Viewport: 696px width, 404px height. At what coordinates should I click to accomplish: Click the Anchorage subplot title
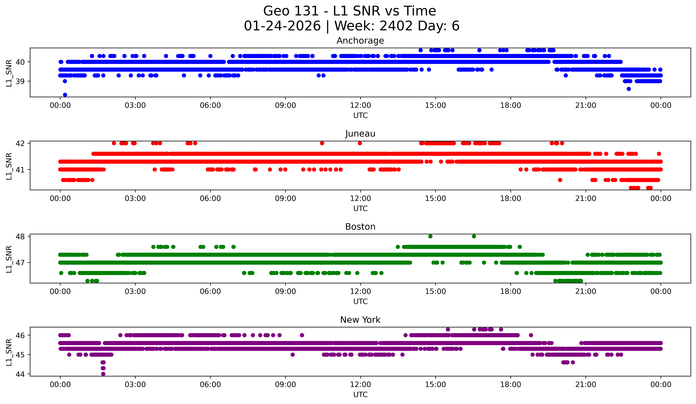point(360,41)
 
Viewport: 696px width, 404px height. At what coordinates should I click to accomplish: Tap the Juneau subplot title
point(360,134)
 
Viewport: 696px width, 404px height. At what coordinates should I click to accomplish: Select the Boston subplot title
point(360,227)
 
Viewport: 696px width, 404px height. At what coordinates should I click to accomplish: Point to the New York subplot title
point(360,320)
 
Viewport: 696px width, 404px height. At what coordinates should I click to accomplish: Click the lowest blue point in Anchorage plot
point(65,95)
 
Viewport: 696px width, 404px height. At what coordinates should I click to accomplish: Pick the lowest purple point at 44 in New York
point(103,374)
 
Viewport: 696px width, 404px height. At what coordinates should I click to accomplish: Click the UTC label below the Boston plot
point(360,302)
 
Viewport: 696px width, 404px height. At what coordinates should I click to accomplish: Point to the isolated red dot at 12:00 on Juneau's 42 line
point(360,143)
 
